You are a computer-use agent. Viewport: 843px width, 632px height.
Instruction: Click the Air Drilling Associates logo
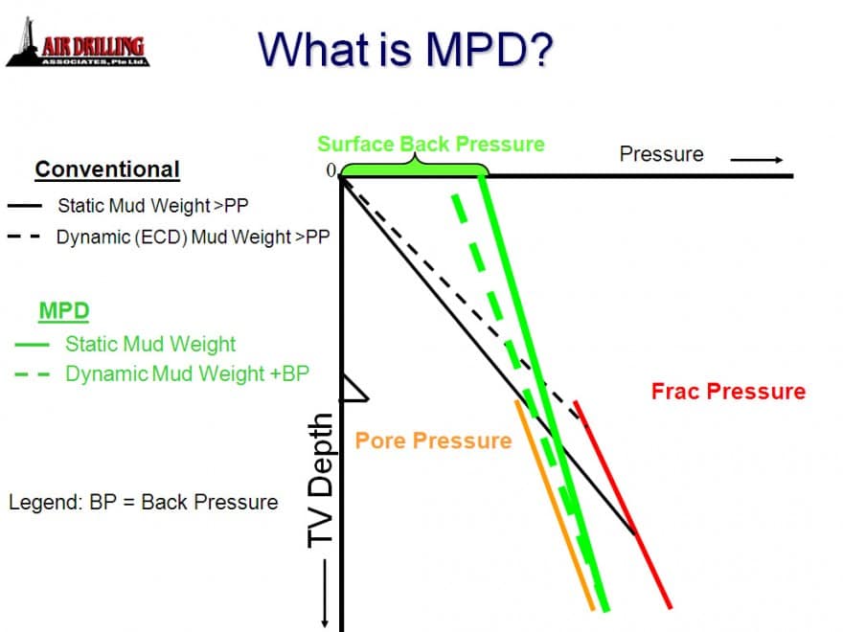pyautogui.click(x=78, y=46)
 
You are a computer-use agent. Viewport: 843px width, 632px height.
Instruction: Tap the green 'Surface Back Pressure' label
pyautogui.click(x=431, y=145)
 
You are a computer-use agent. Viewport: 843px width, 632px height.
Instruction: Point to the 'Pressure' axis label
pyautogui.click(x=661, y=154)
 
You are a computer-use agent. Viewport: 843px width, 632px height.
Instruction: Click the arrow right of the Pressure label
pyautogui.click(x=763, y=159)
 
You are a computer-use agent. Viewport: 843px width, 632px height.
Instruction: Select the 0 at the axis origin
pyautogui.click(x=331, y=170)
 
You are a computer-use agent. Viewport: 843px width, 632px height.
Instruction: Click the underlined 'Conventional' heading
pyautogui.click(x=107, y=170)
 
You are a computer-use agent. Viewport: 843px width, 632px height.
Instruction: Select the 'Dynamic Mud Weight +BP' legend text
pyautogui.click(x=187, y=373)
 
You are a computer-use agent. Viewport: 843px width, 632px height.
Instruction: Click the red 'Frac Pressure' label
pyautogui.click(x=728, y=391)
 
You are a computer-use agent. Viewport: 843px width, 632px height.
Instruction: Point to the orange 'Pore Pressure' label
pyautogui.click(x=433, y=440)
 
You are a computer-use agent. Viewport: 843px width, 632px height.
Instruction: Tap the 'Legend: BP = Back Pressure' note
pyautogui.click(x=143, y=502)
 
